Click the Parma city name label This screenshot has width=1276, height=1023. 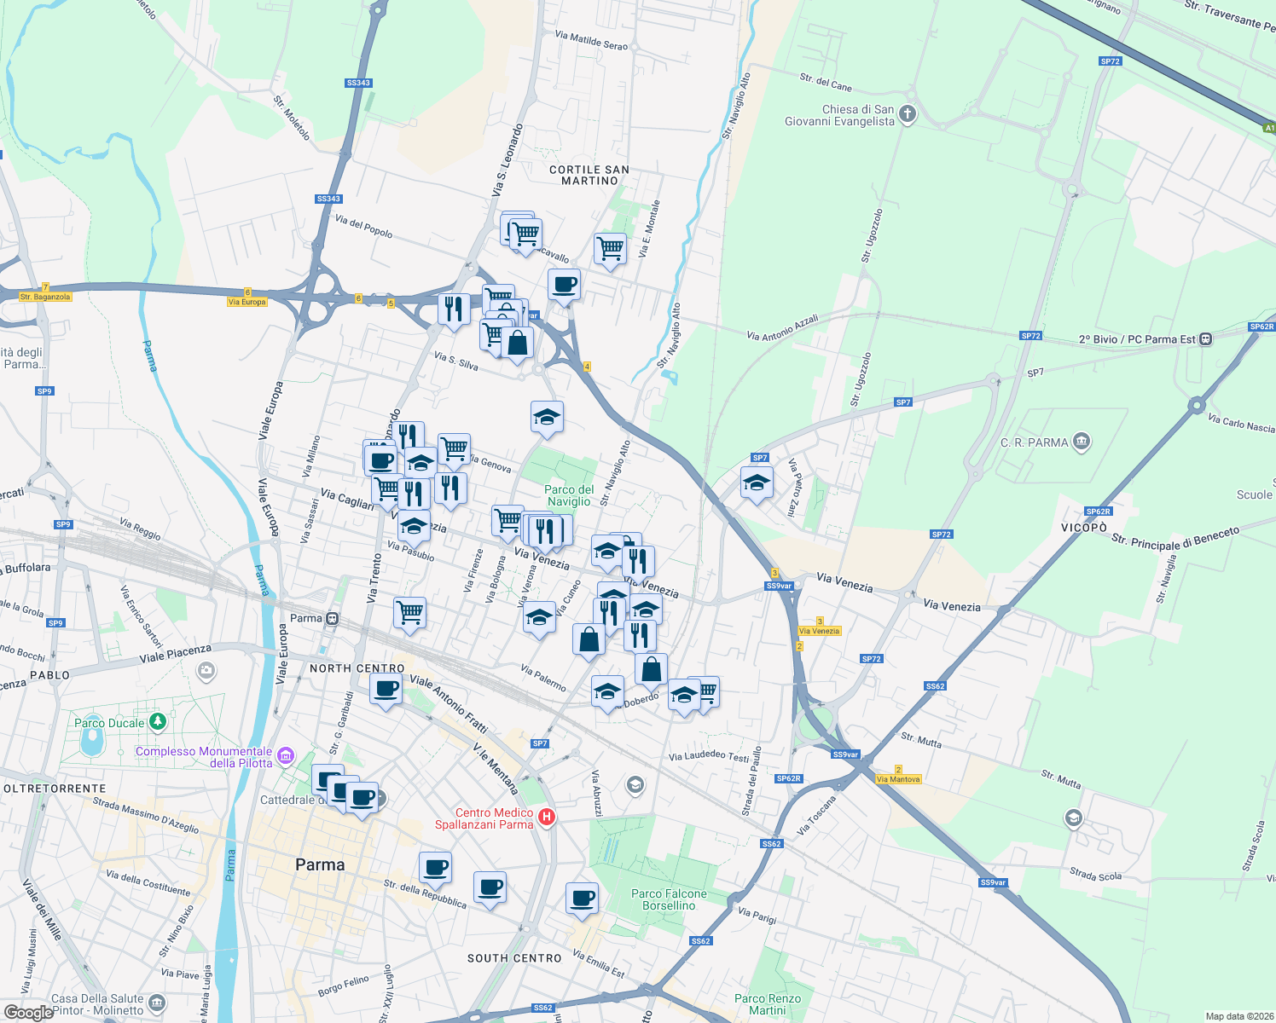[x=320, y=864]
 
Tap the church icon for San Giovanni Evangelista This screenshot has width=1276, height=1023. [x=908, y=114]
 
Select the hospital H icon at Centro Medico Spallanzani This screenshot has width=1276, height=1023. [x=547, y=818]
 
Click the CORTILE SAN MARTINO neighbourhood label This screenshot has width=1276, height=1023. [x=589, y=175]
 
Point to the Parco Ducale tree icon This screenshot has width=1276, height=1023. [x=157, y=722]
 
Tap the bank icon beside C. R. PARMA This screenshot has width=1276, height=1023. [x=1082, y=442]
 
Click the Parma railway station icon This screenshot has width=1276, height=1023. [x=332, y=618]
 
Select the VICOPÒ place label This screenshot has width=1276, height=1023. [x=1083, y=528]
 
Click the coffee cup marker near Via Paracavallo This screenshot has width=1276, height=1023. [x=564, y=285]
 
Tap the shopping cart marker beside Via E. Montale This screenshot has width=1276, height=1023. [x=610, y=249]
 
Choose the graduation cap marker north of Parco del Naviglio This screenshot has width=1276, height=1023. [x=547, y=417]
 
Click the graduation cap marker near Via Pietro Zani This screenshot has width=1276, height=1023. [x=757, y=483]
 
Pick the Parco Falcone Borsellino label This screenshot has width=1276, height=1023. [x=669, y=899]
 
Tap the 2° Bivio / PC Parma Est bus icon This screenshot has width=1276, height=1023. [x=1205, y=338]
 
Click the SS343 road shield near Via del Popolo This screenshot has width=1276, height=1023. [x=328, y=199]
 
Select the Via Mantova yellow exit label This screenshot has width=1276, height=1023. [x=898, y=779]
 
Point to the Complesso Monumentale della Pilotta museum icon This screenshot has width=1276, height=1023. [x=286, y=756]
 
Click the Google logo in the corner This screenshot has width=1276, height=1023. [x=29, y=1012]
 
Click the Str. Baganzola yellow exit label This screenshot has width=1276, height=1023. [x=45, y=297]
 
